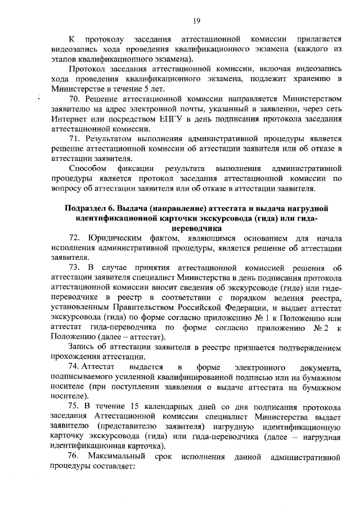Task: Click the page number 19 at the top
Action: point(197,21)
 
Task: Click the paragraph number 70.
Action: point(74,97)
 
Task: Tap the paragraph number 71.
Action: point(74,138)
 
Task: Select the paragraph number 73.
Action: point(74,267)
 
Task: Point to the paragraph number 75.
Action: point(74,407)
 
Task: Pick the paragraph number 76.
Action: point(74,454)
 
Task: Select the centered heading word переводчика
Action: point(197,229)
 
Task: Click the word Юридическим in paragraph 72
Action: point(119,240)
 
